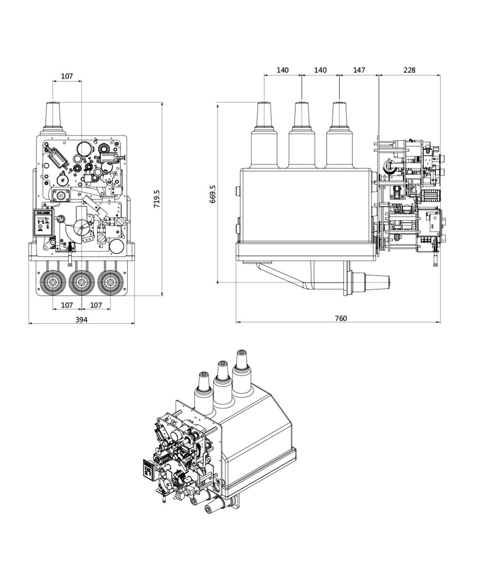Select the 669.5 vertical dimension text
213,194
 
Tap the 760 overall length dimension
341,318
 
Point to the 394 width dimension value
81,319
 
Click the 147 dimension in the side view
359,70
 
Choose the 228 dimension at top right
409,70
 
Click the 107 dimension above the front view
67,76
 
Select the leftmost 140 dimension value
282,70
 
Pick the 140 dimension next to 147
320,70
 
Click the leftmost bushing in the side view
264,116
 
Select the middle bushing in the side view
302,116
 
